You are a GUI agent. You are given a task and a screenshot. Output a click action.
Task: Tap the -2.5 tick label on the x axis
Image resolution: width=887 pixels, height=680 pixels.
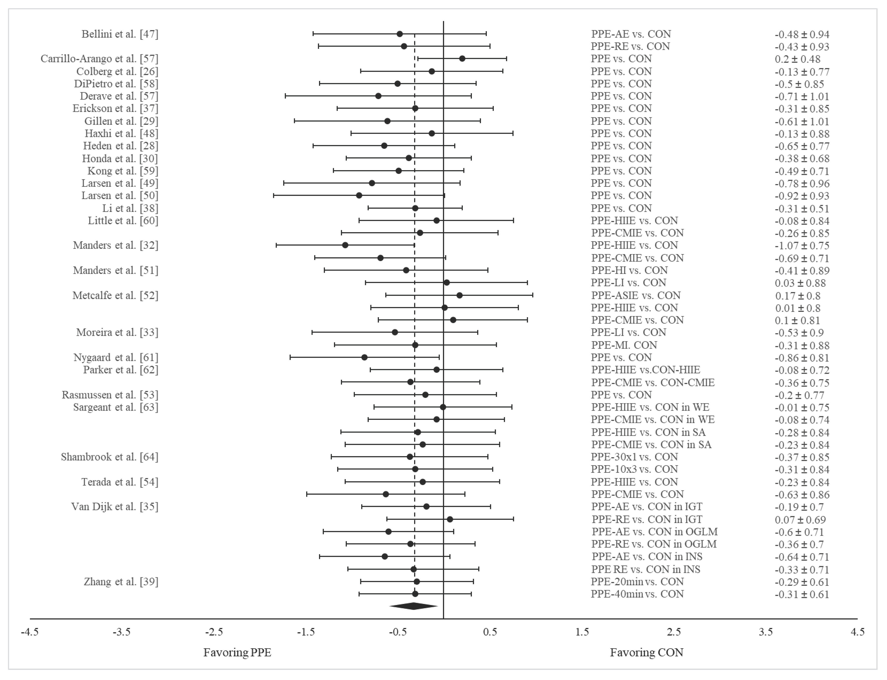point(214,632)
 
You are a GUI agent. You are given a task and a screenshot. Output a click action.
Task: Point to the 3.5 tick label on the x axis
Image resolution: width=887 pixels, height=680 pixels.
point(766,632)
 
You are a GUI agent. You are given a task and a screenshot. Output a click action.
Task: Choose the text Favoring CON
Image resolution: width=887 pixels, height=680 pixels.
point(647,652)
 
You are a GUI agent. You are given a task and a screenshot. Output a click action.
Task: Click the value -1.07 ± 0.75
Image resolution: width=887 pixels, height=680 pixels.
point(802,246)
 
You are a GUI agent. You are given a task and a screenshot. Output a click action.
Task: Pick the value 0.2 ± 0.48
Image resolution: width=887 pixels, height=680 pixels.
point(797,59)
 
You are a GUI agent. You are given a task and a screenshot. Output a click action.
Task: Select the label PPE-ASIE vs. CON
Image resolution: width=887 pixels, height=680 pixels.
point(636,295)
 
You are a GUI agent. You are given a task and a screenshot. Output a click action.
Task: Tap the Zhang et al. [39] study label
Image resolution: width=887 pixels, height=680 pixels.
point(121,582)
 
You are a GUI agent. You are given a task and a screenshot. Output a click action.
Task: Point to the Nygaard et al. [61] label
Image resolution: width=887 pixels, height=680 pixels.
point(116,358)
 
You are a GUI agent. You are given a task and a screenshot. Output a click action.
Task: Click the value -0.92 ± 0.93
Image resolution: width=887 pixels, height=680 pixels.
point(802,196)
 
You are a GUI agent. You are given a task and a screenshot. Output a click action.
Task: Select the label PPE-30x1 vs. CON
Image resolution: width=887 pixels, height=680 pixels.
point(634,457)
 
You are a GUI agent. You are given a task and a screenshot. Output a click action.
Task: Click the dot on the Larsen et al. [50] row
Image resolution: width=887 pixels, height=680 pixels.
point(359,195)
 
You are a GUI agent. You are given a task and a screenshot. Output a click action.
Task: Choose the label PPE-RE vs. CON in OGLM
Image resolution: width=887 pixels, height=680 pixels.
point(654,544)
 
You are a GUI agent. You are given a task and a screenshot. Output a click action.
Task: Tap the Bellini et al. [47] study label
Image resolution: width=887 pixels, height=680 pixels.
point(120,34)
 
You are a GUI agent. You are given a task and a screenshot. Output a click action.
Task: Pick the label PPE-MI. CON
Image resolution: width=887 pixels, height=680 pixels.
point(624,345)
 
